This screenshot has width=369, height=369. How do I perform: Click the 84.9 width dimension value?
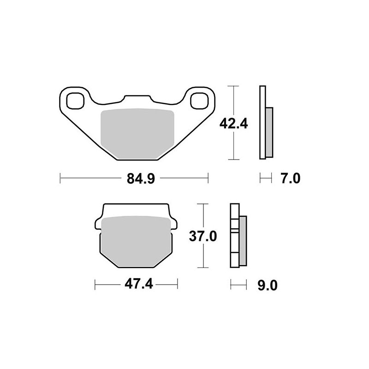tap(135, 178)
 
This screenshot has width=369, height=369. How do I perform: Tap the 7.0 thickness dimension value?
tap(291, 178)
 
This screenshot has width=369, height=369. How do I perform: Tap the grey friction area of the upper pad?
tap(137, 134)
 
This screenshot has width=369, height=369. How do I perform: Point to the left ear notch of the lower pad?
tap(97, 225)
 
